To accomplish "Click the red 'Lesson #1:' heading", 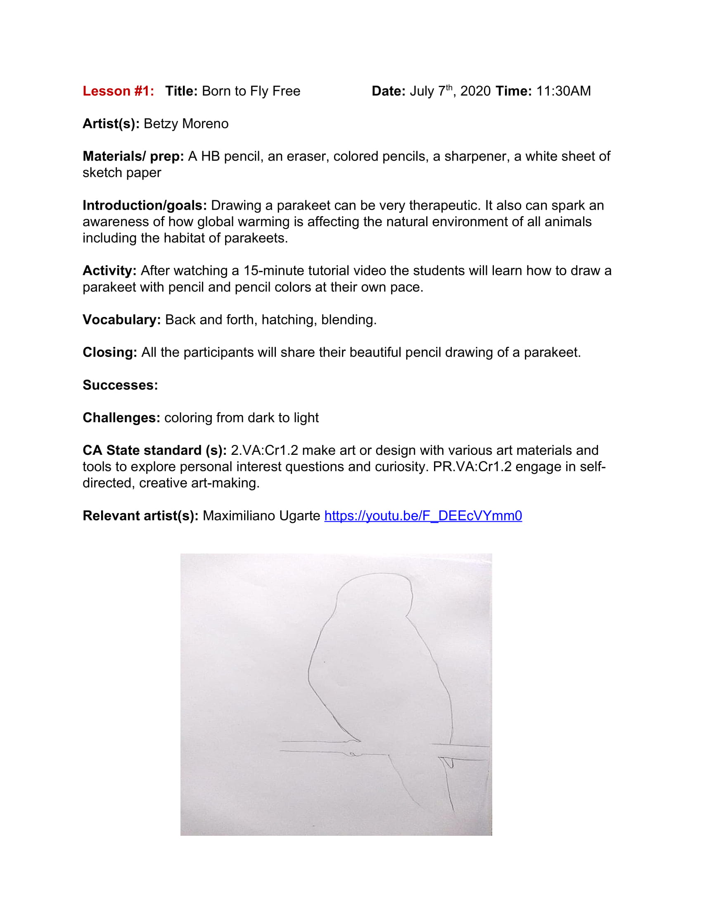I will tap(118, 91).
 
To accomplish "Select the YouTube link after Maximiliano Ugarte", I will tap(423, 515).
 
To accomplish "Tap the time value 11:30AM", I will tap(564, 91).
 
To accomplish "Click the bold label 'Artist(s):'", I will tap(111, 124).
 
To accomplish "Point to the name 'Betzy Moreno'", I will tap(186, 124).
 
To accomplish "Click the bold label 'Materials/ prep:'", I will tap(133, 156).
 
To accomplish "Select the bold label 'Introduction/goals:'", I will tap(145, 206).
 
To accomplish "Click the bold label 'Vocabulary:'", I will tap(121, 320).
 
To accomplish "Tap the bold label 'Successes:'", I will tap(120, 385).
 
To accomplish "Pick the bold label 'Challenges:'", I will tap(121, 418).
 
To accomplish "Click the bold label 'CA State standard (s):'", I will tap(154, 450).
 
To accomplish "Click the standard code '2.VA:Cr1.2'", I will tap(265, 450).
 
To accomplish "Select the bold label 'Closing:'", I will tap(110, 352).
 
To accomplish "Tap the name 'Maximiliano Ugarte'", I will tap(261, 515).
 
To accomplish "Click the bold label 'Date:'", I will tap(389, 91).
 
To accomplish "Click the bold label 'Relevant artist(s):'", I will tap(140, 515).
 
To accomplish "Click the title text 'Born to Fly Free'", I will tap(251, 91).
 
